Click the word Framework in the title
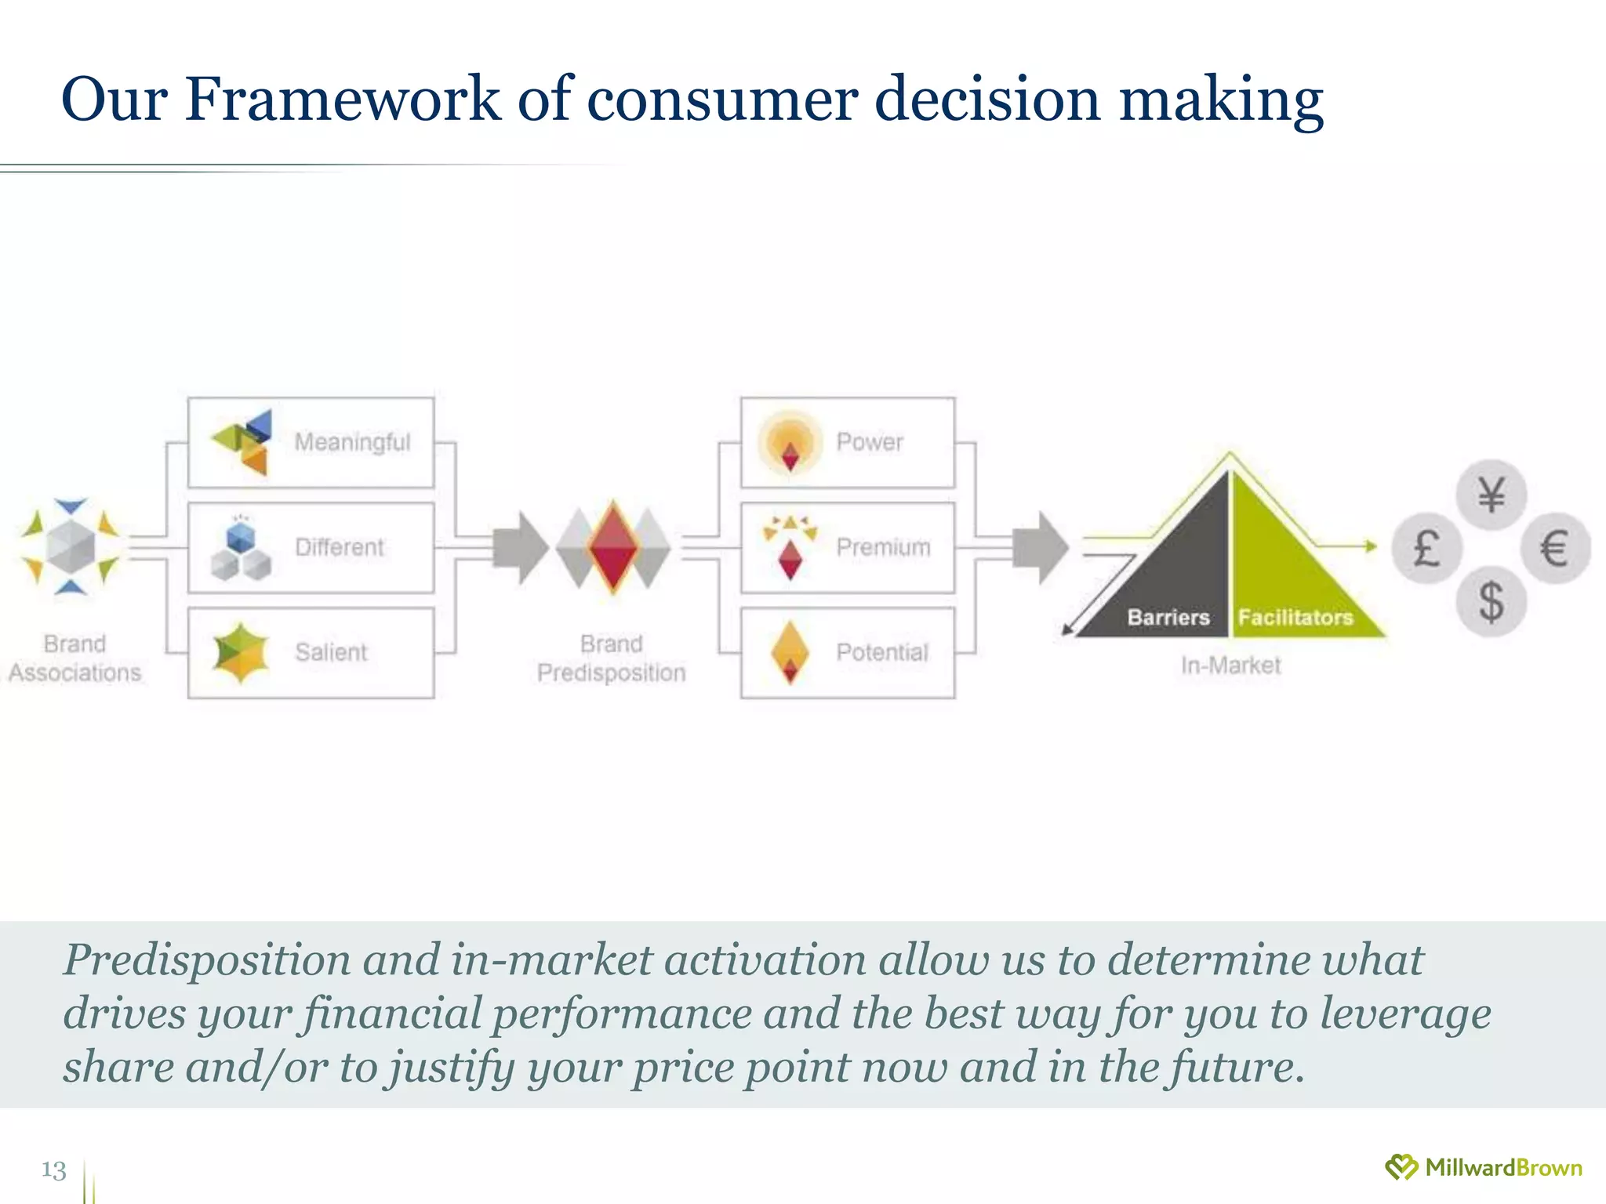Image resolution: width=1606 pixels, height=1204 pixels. coord(343,100)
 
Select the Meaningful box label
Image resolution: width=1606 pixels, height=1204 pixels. coord(352,442)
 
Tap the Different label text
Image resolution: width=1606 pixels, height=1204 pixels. coord(340,547)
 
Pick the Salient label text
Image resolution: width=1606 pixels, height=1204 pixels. coord(331,652)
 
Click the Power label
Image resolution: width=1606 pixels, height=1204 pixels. coord(870,442)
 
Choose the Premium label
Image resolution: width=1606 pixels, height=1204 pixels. coord(883,547)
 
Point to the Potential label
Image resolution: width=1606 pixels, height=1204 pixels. coord(882,652)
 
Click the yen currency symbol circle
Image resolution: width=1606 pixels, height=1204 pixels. coord(1491,495)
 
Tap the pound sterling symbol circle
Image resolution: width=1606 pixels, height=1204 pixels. coord(1426,547)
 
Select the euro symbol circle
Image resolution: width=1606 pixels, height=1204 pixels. coord(1555,547)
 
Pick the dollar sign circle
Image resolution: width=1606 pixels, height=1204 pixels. coord(1491,601)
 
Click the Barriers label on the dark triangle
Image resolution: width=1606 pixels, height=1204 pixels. coord(1168,618)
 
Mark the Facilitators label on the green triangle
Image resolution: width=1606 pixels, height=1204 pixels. coord(1295,618)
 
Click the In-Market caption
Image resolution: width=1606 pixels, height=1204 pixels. coord(1230,665)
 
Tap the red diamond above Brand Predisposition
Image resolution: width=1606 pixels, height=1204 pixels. coord(613,547)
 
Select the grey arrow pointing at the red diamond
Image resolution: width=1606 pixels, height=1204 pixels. coord(521,547)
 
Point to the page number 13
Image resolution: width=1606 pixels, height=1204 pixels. coord(53,1170)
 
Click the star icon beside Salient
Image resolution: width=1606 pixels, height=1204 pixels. coord(241,653)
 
